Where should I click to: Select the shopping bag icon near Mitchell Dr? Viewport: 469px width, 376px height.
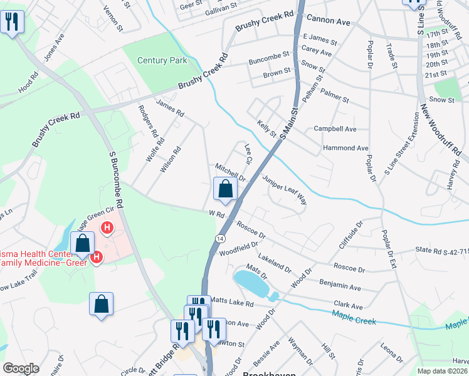(225, 189)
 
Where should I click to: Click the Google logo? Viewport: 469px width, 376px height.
(21, 368)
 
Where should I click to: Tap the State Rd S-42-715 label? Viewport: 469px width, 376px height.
(441, 250)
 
